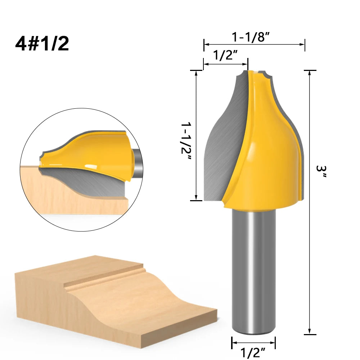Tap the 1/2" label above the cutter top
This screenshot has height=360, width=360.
[225, 56]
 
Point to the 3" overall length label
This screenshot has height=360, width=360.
[320, 173]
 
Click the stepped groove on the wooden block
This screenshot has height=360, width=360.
[104, 279]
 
